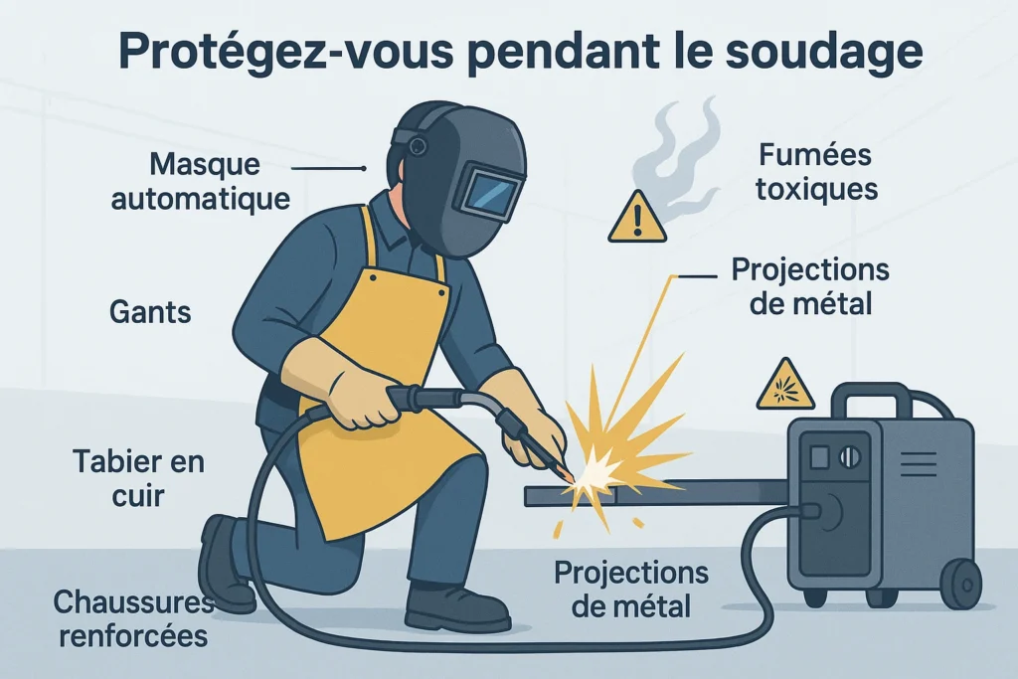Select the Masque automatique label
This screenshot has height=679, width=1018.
201,181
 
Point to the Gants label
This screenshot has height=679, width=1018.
150,311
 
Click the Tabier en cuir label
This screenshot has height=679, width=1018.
138,478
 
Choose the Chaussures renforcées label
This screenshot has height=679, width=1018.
134,618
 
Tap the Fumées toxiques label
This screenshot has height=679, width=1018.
816,173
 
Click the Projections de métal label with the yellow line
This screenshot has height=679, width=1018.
810,286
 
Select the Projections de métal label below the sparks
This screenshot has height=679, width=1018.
631,590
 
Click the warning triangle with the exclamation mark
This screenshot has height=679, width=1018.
637,219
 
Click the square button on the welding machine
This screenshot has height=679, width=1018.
819,457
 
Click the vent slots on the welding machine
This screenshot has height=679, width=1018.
919,463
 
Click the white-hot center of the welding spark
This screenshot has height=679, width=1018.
598,472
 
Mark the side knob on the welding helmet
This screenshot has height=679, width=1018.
418,145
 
